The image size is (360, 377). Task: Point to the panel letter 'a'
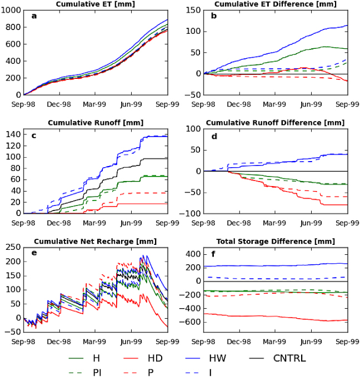click(x=34, y=16)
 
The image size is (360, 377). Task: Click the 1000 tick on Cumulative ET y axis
click(x=12, y=10)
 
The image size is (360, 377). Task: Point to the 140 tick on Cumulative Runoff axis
click(x=14, y=134)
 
